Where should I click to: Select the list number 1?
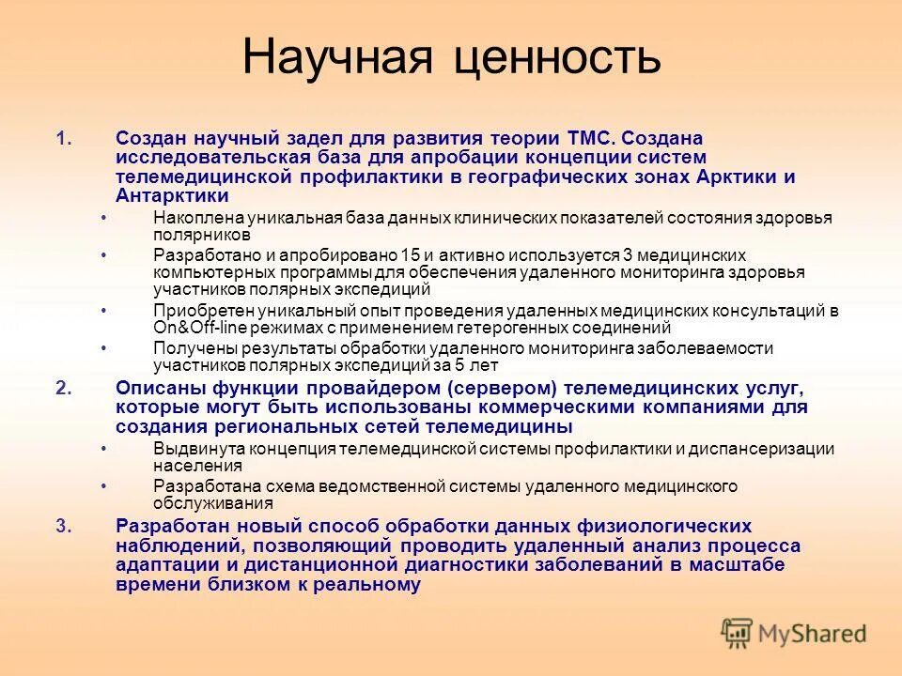coord(63,138)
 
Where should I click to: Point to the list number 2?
coord(63,388)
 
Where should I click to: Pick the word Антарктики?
coord(172,195)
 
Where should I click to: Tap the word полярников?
coord(202,235)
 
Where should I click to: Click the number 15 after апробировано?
coord(410,255)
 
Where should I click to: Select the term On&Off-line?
coord(198,328)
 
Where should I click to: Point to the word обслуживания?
coord(208,504)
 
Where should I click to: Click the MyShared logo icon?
coord(737,634)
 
